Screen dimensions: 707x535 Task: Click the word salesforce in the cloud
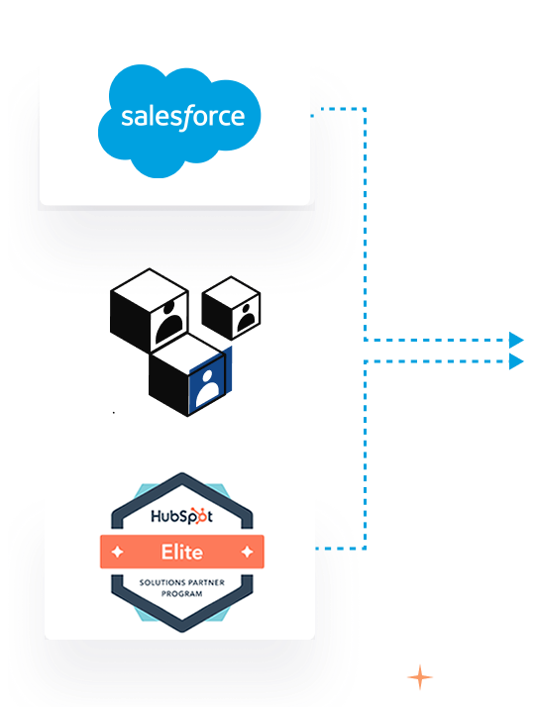181,117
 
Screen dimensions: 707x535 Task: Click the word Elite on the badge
181,551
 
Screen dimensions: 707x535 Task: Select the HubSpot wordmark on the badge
181,517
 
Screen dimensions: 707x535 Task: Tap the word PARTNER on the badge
207,583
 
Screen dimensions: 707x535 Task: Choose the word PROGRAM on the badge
181,593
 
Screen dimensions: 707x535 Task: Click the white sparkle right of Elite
248,551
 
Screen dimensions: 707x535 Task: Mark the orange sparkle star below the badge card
420,677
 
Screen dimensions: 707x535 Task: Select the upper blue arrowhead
515,340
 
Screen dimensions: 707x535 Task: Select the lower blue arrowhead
515,361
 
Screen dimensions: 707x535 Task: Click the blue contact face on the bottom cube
209,374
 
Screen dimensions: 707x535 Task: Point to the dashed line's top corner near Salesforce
365,109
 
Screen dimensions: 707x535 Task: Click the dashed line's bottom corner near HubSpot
365,547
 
